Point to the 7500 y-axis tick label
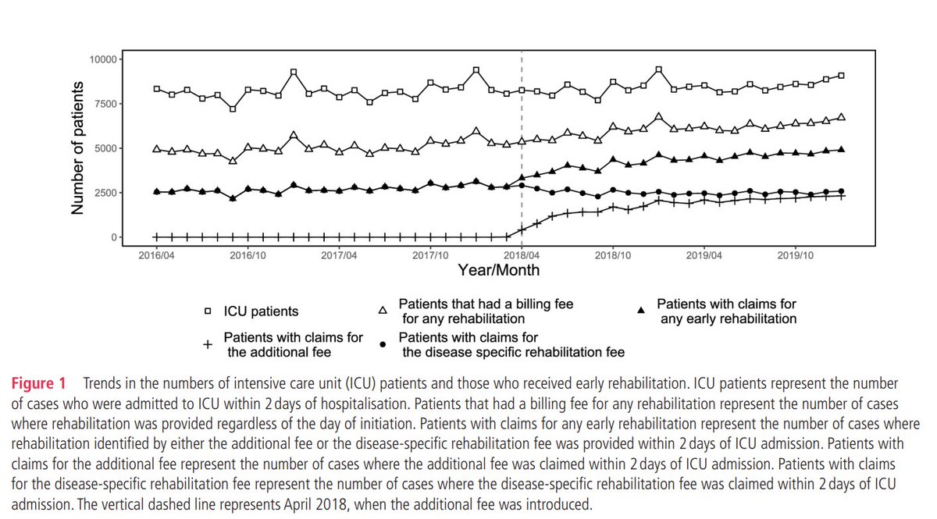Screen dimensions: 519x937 [x=103, y=104]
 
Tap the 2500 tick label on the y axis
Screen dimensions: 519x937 [x=103, y=193]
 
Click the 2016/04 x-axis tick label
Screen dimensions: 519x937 [x=155, y=255]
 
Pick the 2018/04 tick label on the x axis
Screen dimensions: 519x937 [x=522, y=255]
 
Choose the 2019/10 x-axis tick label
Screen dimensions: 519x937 [x=796, y=255]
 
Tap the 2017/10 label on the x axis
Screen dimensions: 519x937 [x=430, y=255]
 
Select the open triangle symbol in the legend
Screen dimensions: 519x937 [x=383, y=311]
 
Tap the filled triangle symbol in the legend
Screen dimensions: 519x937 [x=641, y=311]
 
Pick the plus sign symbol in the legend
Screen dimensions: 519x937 [x=207, y=344]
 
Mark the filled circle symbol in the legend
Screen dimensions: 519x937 [x=383, y=344]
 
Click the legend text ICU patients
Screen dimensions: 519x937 [x=262, y=311]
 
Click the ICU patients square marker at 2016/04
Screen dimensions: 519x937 [x=156, y=89]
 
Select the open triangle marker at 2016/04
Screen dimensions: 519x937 [x=156, y=148]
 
